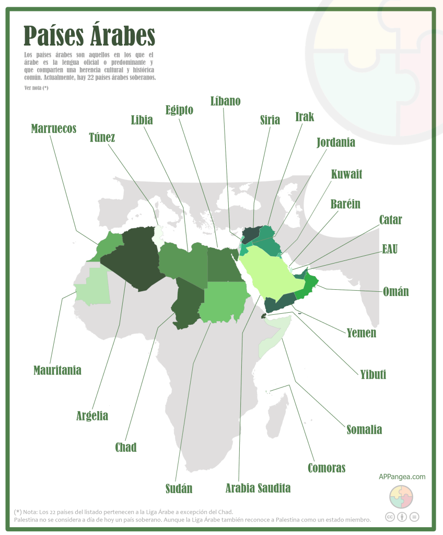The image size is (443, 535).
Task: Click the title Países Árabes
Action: (89, 35)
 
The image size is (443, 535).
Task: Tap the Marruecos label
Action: (54, 128)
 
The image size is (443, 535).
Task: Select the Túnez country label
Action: (102, 138)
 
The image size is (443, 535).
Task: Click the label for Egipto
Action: (179, 110)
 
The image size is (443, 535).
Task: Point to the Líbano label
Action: (225, 101)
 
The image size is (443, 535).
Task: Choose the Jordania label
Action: (336, 142)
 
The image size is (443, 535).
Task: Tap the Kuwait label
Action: (346, 174)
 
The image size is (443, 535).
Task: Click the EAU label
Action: (390, 249)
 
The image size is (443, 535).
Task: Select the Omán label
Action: (395, 291)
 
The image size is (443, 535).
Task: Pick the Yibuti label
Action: (373, 374)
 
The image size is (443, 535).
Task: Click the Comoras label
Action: (327, 468)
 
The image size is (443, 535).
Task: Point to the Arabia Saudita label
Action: (258, 488)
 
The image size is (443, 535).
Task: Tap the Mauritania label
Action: (57, 370)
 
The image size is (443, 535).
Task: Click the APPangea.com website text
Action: (402, 476)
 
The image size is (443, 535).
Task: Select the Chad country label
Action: (126, 447)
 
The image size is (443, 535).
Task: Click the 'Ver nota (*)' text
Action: (36, 88)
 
